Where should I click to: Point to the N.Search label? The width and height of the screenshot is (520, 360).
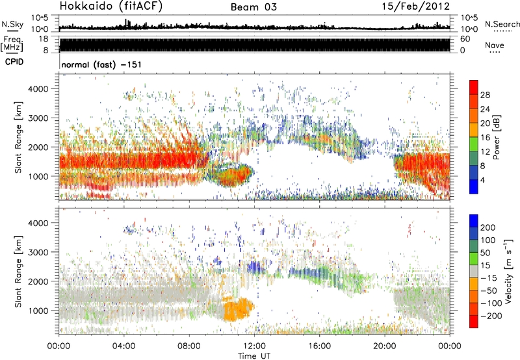coord(500,24)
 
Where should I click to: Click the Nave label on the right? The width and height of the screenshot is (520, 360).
coord(495,45)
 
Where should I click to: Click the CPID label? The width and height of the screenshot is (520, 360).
coord(16,63)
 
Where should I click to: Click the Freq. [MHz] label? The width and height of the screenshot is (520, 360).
coord(13,44)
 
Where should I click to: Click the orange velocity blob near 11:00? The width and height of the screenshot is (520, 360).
coord(239,309)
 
